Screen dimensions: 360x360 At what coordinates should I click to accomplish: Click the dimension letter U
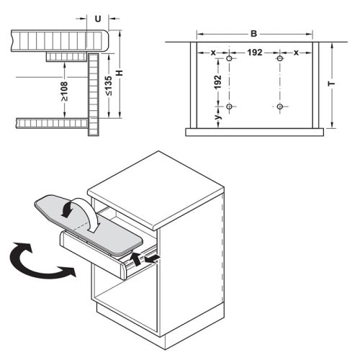(x=98, y=19)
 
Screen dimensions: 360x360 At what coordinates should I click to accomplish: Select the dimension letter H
(x=120, y=73)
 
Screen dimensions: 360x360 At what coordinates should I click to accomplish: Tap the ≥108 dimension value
(x=64, y=91)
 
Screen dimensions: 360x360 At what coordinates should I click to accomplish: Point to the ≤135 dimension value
(x=109, y=86)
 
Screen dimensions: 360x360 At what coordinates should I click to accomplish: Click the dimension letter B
(x=253, y=34)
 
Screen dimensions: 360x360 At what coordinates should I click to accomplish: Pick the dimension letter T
(x=331, y=84)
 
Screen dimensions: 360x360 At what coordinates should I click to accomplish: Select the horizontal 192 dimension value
(x=255, y=53)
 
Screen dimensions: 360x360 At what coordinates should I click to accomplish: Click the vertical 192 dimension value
(x=217, y=82)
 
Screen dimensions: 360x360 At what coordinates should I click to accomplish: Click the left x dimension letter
(x=213, y=53)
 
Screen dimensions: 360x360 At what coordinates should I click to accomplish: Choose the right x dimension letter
(x=296, y=53)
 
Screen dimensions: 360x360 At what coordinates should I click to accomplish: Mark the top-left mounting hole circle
(x=230, y=58)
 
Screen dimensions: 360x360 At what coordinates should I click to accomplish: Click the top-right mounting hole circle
(x=280, y=58)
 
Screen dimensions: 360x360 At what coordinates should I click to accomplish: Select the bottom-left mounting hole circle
(x=230, y=107)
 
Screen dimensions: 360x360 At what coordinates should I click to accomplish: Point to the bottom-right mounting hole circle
(x=280, y=107)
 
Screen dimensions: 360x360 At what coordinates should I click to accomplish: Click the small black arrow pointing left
(x=151, y=258)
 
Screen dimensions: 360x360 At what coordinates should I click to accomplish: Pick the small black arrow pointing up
(x=135, y=258)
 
